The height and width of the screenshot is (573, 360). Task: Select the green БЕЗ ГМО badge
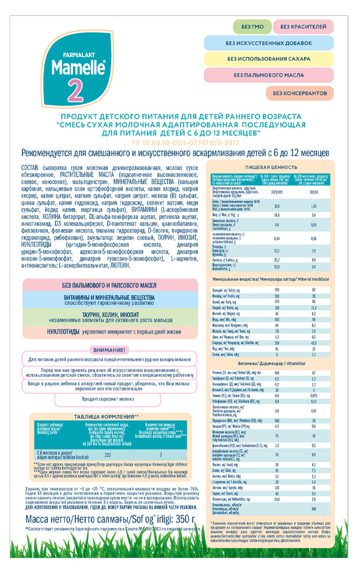pos(252,27)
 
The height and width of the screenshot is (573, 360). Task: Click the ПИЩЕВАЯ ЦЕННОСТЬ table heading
pos(271,167)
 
